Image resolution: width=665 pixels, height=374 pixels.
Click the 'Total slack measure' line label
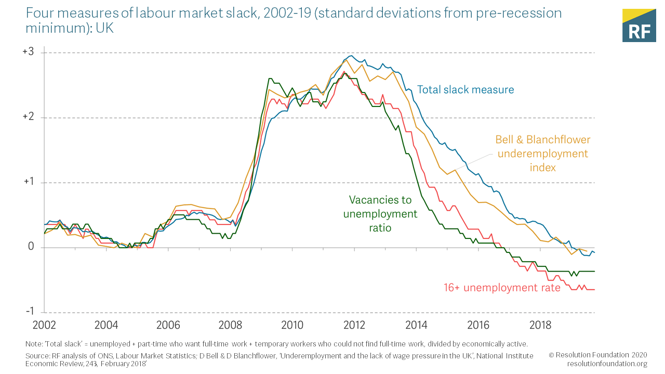[x=465, y=90]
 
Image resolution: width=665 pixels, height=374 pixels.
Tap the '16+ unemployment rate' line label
[x=502, y=288]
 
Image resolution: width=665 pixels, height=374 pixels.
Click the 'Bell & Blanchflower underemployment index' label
[x=542, y=154]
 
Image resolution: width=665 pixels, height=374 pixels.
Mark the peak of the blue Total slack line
[x=352, y=56]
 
